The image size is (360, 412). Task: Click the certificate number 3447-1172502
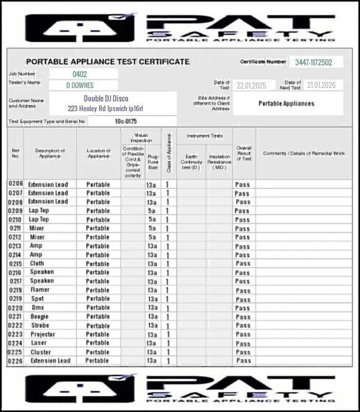tap(310, 62)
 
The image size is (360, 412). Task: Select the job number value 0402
tap(80, 74)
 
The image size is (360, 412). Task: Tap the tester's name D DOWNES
tap(80, 85)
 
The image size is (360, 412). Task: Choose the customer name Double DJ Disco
tap(106, 99)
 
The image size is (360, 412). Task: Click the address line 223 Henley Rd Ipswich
tap(105, 108)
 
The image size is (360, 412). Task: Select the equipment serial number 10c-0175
tap(126, 121)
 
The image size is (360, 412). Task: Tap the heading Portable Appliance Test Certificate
tap(108, 61)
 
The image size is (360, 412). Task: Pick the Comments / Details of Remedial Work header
tap(304, 153)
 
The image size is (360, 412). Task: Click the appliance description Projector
tap(43, 334)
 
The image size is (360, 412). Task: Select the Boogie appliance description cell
tap(39, 316)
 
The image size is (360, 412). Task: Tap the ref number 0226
tap(15, 360)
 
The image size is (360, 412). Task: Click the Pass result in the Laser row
tap(243, 343)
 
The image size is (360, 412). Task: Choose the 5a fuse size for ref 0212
tap(152, 237)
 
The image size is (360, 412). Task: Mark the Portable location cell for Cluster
tap(97, 352)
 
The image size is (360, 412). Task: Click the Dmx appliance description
tap(38, 308)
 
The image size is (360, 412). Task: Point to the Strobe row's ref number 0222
tap(15, 326)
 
